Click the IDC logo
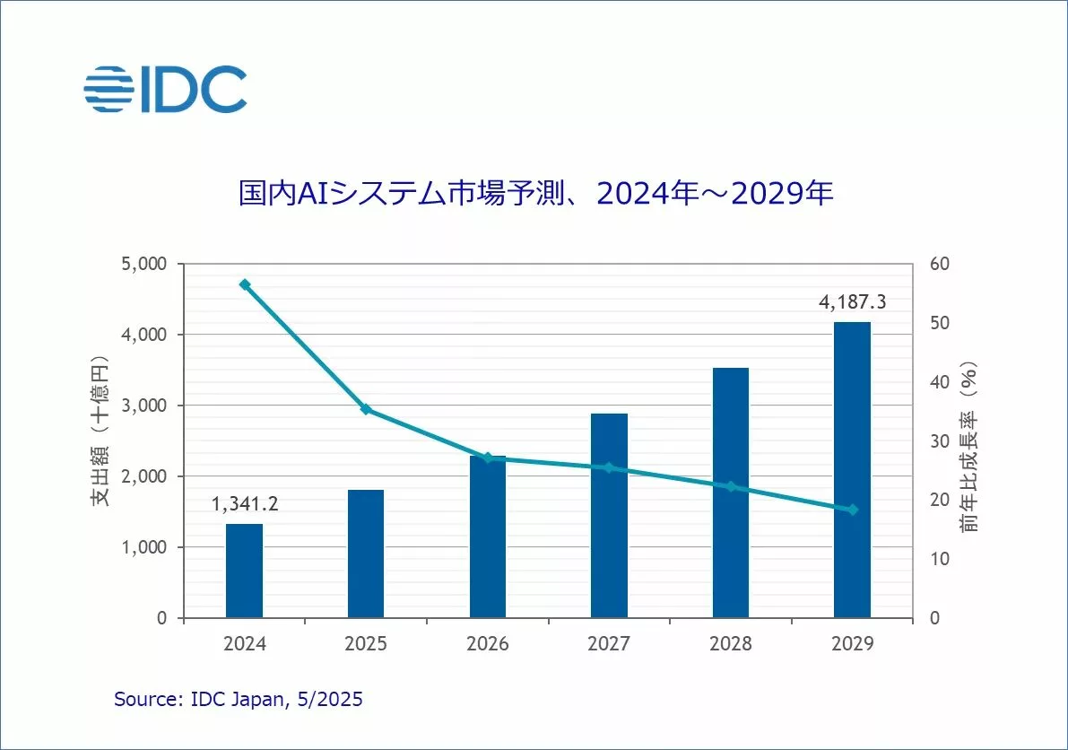click(x=165, y=89)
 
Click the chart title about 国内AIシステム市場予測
click(x=535, y=194)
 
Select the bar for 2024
click(x=244, y=571)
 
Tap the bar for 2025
click(x=365, y=554)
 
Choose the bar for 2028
click(x=730, y=493)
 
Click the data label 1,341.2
click(x=245, y=504)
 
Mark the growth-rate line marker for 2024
click(x=244, y=284)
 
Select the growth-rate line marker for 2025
click(x=366, y=409)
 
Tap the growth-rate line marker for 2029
click(x=852, y=510)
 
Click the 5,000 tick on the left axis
click(x=144, y=265)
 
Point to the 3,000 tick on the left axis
click(x=144, y=406)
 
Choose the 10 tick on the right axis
click(x=935, y=559)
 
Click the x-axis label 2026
click(x=487, y=644)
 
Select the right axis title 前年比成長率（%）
click(x=968, y=447)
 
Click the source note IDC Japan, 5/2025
click(x=239, y=700)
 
